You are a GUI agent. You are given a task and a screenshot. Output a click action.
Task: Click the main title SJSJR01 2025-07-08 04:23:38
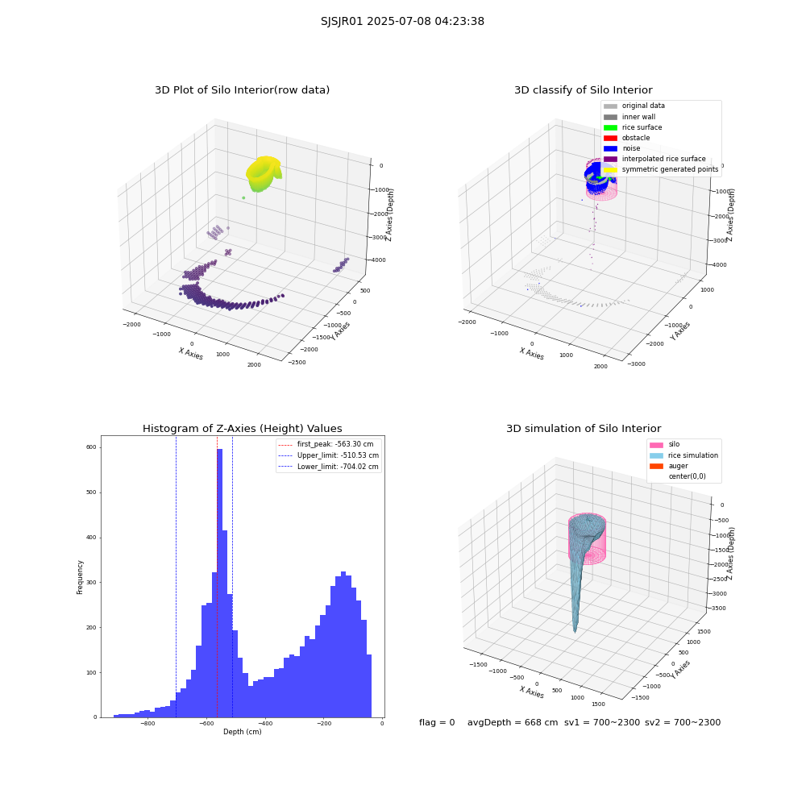[402, 22]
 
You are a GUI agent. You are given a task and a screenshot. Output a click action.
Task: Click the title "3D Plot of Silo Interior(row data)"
[242, 90]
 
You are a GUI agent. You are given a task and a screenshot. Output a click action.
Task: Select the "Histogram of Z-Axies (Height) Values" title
[242, 428]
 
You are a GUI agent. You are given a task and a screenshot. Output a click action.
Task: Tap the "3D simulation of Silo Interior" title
[584, 428]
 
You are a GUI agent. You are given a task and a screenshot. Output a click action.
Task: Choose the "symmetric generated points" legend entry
[661, 169]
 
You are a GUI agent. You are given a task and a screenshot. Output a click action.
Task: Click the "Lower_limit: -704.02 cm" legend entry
[329, 467]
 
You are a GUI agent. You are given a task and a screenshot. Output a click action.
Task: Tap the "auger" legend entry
[669, 466]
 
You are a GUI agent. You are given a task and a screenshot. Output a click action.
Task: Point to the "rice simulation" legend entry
[683, 455]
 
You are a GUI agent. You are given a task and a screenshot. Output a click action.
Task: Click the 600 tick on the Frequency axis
[91, 447]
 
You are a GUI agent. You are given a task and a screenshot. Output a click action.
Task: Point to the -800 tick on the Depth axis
[147, 723]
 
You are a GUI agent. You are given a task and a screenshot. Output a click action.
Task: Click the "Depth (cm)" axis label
[242, 732]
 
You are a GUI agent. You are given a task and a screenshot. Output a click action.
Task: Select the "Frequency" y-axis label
[80, 577]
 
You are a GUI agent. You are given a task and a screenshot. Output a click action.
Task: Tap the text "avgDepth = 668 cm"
[513, 722]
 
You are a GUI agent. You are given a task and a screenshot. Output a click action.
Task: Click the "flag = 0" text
[437, 722]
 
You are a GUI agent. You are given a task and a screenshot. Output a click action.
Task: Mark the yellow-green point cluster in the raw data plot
[264, 173]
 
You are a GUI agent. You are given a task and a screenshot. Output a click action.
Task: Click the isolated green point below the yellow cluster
[243, 198]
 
